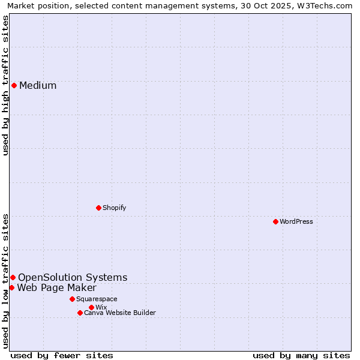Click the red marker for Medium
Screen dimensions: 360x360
pyautogui.click(x=14, y=85)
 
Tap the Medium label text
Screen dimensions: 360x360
pyautogui.click(x=38, y=86)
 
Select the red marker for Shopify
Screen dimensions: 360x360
pyautogui.click(x=98, y=208)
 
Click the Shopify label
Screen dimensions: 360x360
pyautogui.click(x=114, y=208)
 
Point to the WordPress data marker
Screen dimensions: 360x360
pyautogui.click(x=275, y=221)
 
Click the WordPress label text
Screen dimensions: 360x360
pyautogui.click(x=296, y=222)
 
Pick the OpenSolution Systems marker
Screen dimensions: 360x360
pyautogui.click(x=13, y=277)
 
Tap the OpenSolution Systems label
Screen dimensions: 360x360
pyautogui.click(x=73, y=278)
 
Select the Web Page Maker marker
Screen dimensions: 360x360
pyautogui.click(x=11, y=287)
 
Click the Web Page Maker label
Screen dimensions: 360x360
pyautogui.click(x=56, y=288)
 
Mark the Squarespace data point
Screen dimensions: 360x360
pyautogui.click(x=72, y=299)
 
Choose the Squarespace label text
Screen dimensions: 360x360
pyautogui.click(x=97, y=299)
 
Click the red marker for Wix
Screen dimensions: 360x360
pyautogui.click(x=91, y=307)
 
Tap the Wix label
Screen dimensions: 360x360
pyautogui.click(x=101, y=308)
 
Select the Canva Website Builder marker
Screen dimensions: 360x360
pyautogui.click(x=80, y=313)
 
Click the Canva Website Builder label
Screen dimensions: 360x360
pyautogui.click(x=119, y=313)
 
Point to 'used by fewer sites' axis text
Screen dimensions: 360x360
pyautogui.click(x=62, y=355)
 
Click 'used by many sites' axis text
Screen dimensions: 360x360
pyautogui.click(x=301, y=355)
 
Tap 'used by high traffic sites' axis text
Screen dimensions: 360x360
pyautogui.click(x=6, y=85)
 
